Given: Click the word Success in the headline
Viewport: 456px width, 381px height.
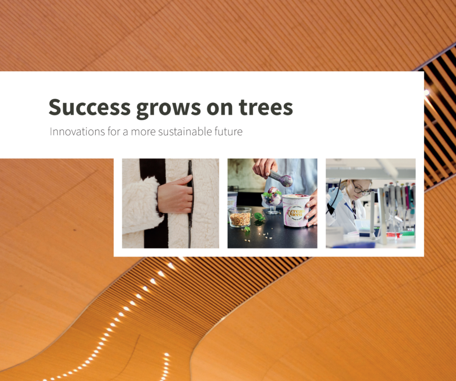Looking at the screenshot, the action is [x=90, y=107].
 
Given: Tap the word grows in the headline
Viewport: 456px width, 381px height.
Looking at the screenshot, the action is [x=169, y=109].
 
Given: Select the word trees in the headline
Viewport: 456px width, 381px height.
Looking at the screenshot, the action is [x=266, y=107].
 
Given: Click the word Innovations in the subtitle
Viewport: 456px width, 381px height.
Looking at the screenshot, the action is [x=77, y=132].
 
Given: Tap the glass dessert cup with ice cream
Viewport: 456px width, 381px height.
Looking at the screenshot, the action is [x=272, y=201].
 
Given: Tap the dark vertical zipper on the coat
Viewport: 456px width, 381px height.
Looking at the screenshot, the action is [x=191, y=203].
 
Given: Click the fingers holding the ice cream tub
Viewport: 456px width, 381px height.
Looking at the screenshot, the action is [x=311, y=210].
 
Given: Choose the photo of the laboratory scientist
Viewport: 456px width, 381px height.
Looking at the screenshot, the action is [x=370, y=203].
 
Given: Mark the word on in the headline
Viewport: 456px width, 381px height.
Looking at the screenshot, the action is [x=220, y=108].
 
